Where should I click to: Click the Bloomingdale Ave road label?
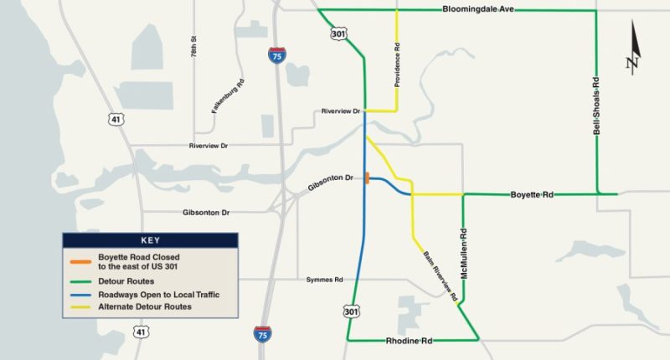tap(477, 9)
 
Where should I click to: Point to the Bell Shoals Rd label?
tap(596, 105)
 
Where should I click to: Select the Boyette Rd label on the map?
tap(532, 194)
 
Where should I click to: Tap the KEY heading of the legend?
tap(151, 240)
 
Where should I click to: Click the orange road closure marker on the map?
tap(367, 177)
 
